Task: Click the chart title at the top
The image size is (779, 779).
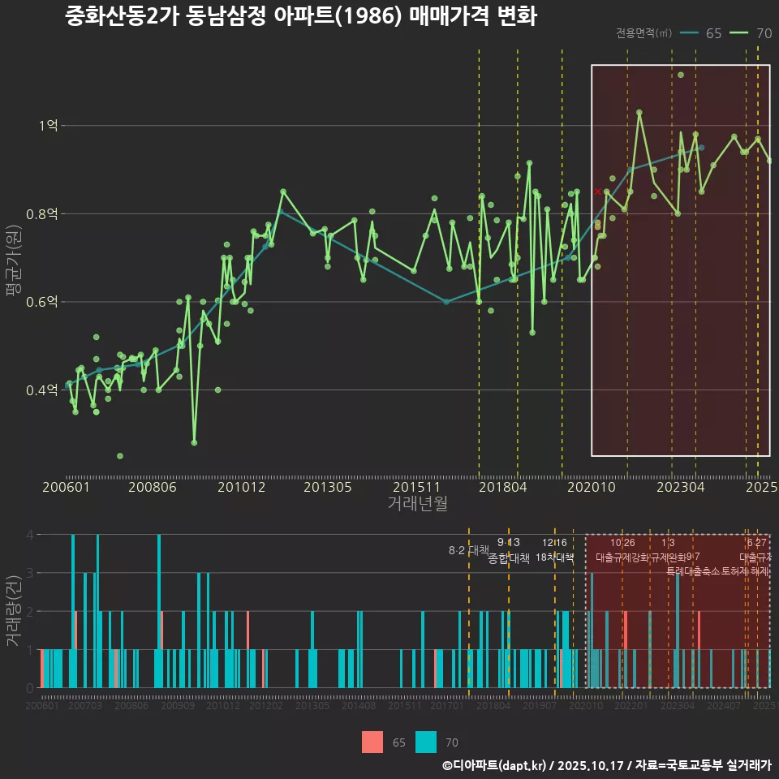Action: click(300, 16)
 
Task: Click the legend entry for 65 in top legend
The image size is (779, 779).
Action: click(701, 33)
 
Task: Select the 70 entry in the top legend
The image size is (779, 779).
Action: click(751, 33)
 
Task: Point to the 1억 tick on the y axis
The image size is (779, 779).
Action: click(48, 126)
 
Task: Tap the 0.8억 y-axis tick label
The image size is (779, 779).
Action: click(43, 214)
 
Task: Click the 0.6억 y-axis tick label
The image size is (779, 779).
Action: click(43, 302)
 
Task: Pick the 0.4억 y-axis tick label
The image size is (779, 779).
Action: click(43, 390)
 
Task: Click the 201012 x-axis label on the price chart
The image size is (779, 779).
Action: click(241, 488)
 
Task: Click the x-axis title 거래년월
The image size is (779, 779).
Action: click(417, 504)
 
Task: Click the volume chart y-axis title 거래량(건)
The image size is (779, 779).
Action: click(14, 611)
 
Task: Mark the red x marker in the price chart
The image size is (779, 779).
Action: click(598, 192)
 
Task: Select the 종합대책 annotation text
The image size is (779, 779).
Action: click(509, 558)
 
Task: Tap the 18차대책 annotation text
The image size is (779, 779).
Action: click(555, 557)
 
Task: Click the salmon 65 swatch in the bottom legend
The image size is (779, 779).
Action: click(372, 742)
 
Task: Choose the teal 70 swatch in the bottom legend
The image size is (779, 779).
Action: click(426, 742)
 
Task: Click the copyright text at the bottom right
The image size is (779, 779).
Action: click(606, 765)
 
